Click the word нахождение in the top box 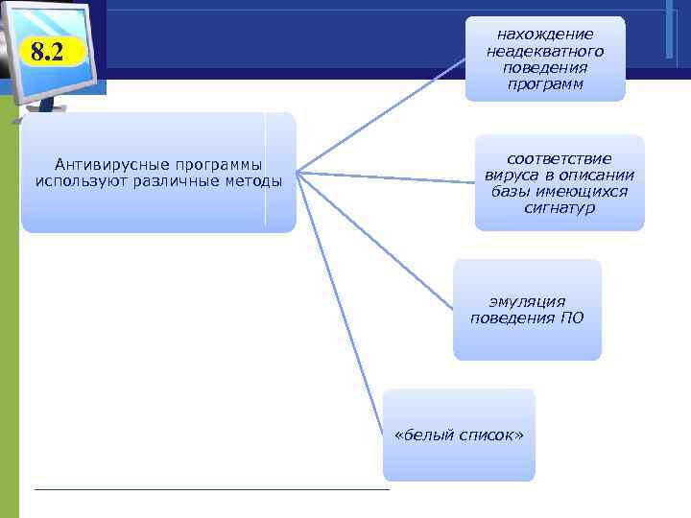(544, 35)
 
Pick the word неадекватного (544, 51)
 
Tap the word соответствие (560, 159)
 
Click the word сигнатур (560, 208)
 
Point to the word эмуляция (527, 301)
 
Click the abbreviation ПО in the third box (571, 318)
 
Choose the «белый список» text (459, 435)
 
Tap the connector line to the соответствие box (384, 176)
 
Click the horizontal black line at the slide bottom (211, 489)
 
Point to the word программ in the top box (544, 84)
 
